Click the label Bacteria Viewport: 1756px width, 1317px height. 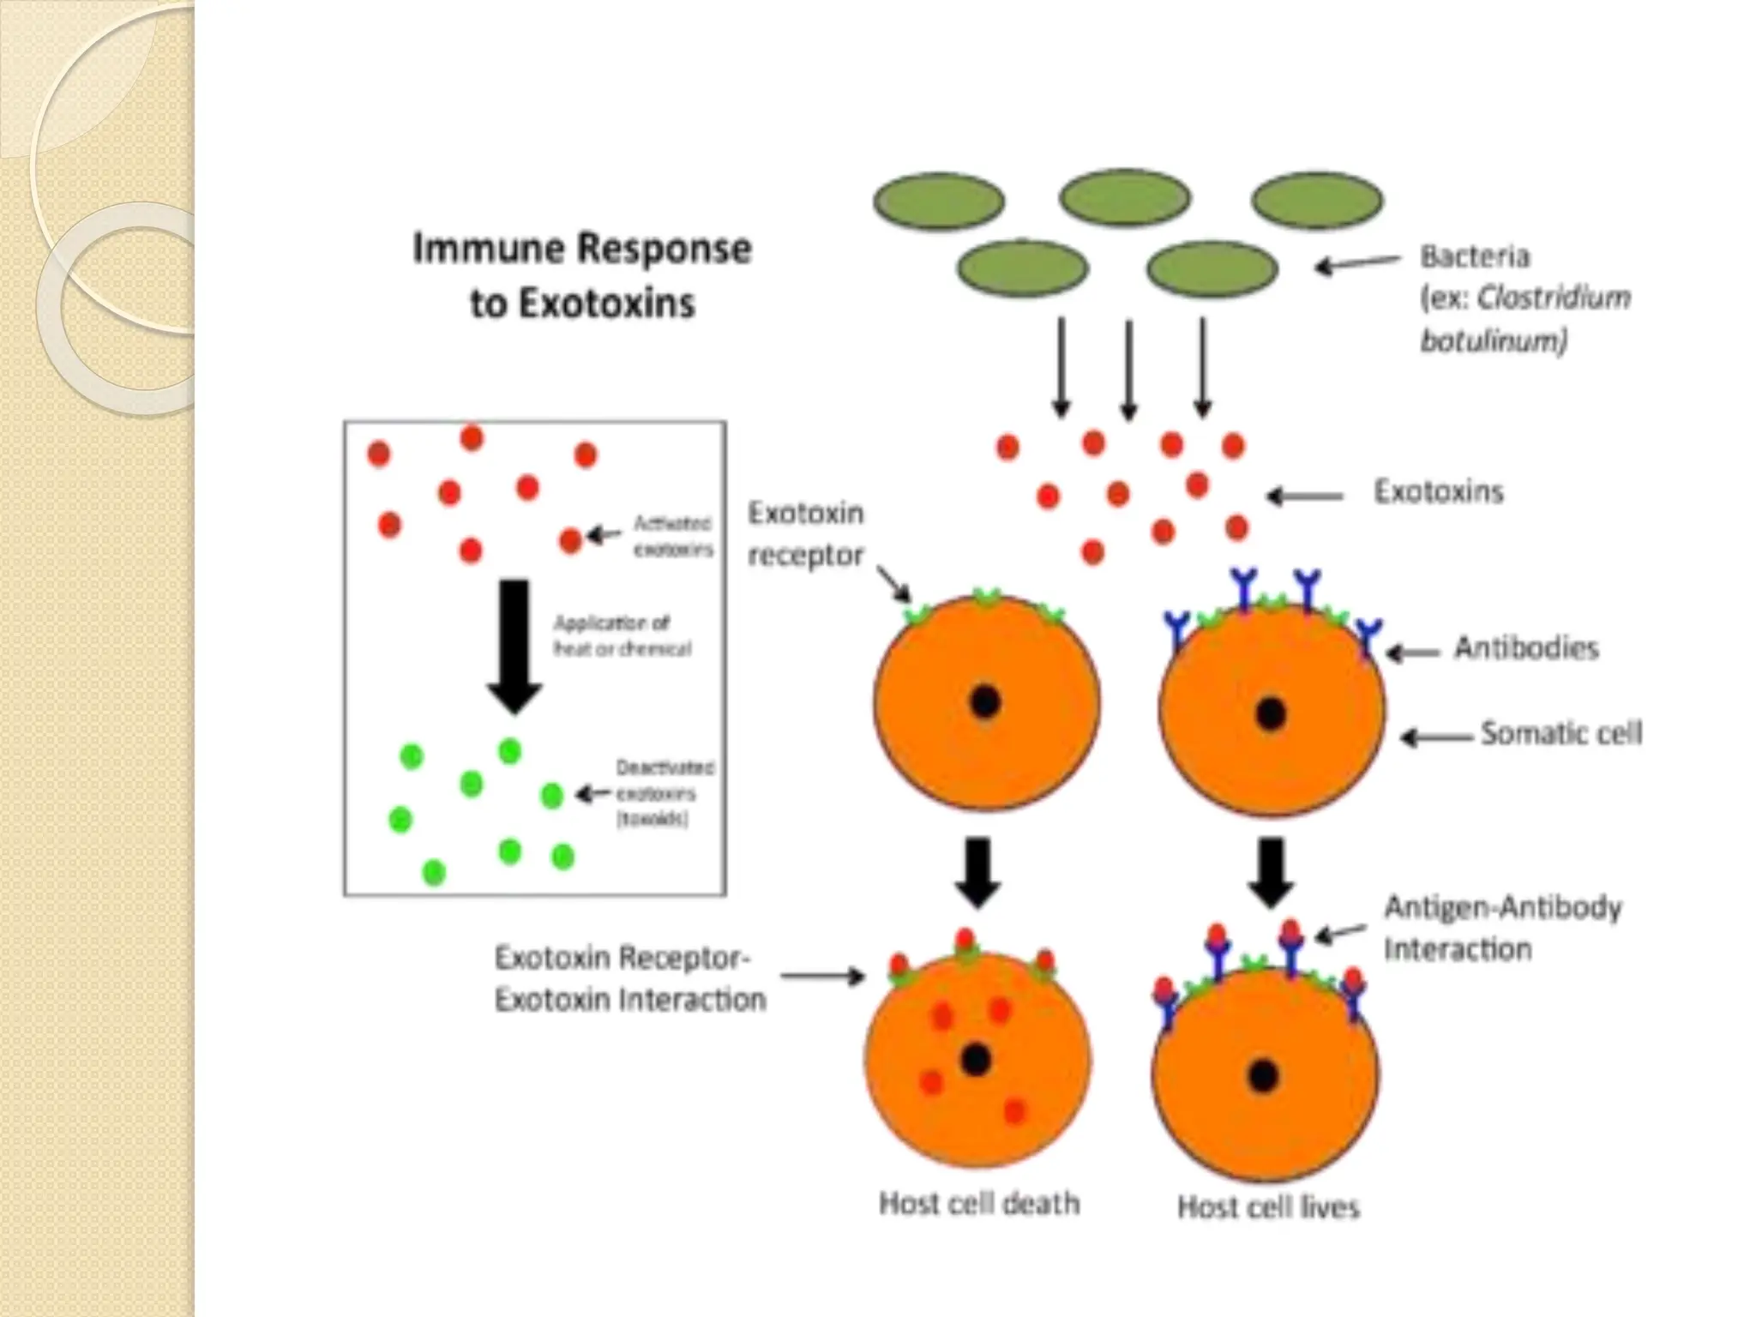pos(1475,256)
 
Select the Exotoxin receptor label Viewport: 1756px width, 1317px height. pos(805,533)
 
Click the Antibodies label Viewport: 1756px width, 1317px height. pos(1526,648)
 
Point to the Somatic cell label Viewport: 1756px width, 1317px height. pos(1561,734)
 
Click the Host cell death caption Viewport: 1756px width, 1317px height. pos(978,1204)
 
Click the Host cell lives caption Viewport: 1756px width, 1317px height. pos(1268,1207)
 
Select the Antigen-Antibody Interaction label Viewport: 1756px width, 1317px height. pos(1502,929)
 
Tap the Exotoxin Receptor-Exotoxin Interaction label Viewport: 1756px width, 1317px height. pos(629,978)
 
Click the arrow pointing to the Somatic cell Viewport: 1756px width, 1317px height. pos(1437,737)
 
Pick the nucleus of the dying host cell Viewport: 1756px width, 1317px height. pos(975,1060)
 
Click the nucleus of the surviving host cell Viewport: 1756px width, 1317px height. pos(1263,1075)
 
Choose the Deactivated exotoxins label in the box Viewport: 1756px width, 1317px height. pos(664,793)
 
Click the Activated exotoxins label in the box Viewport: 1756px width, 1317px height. pos(673,536)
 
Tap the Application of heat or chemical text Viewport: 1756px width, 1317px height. pos(622,635)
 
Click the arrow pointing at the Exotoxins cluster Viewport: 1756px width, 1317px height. pos(1305,496)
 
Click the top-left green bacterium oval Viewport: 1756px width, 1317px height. pos(939,201)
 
